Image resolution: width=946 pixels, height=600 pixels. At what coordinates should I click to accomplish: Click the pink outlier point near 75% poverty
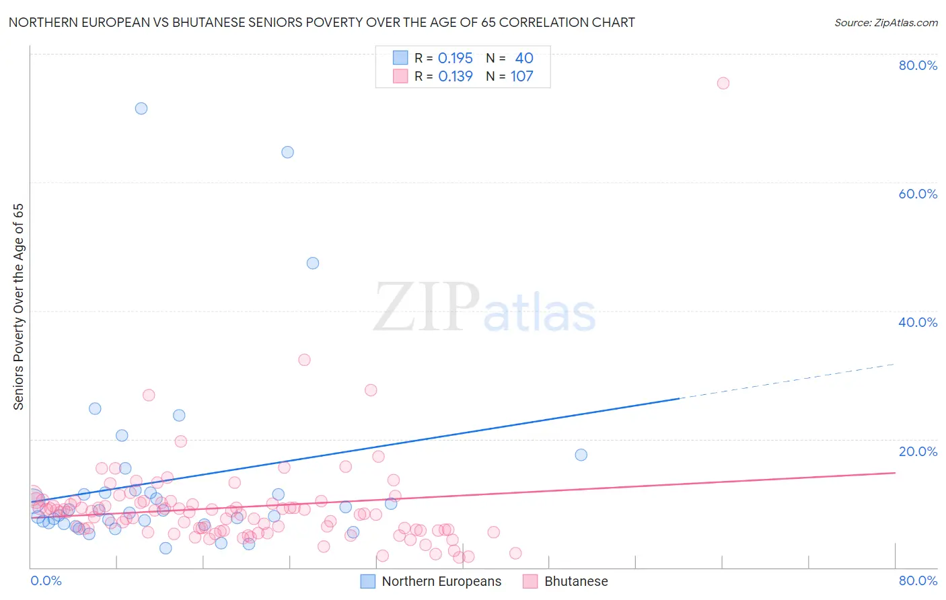click(x=723, y=83)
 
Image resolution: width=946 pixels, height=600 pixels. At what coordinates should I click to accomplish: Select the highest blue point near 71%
click(x=141, y=108)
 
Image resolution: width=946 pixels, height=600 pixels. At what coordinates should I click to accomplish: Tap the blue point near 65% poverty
click(x=287, y=152)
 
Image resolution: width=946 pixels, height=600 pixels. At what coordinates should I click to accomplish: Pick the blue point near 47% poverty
click(x=313, y=263)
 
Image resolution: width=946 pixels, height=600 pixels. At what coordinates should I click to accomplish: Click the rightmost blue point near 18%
click(x=581, y=455)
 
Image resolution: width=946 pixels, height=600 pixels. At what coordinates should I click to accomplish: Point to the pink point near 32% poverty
click(x=304, y=360)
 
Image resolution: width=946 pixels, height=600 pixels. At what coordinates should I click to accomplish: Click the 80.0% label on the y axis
click(x=918, y=65)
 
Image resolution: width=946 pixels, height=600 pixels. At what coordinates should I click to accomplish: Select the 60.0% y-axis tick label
click(x=918, y=194)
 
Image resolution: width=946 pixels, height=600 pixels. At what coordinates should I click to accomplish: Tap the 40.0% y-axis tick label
click(x=918, y=322)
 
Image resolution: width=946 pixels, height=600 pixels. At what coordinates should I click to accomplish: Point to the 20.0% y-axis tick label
click(x=918, y=451)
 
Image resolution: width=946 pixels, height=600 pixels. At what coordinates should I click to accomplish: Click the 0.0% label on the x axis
click(x=46, y=580)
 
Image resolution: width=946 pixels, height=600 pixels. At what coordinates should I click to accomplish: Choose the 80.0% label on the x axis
click(x=918, y=580)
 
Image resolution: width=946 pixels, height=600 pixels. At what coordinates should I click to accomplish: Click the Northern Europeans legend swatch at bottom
click(x=368, y=581)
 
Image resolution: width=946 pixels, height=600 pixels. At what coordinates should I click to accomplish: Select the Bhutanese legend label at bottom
click(x=576, y=581)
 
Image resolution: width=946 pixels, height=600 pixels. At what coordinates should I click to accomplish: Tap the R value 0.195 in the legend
click(x=456, y=59)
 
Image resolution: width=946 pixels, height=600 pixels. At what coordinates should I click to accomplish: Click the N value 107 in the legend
click(x=521, y=77)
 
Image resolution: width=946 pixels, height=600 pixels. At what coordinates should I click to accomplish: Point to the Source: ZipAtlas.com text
click(x=886, y=23)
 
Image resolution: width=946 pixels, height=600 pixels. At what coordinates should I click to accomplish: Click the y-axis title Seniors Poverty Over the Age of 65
click(x=19, y=307)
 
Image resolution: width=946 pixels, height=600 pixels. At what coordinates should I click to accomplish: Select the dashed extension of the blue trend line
click(x=787, y=381)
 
